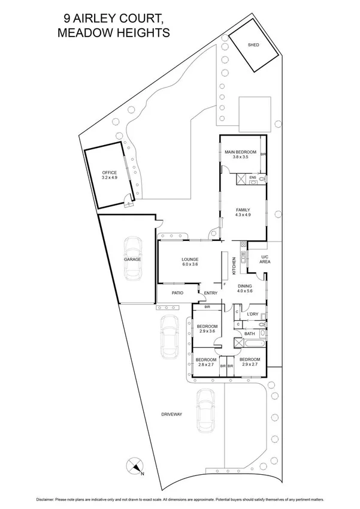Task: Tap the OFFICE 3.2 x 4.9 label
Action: click(x=110, y=175)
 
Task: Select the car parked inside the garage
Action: click(x=132, y=258)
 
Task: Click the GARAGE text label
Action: click(x=132, y=260)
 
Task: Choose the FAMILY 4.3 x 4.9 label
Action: click(x=243, y=212)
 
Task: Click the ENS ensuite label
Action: click(x=253, y=177)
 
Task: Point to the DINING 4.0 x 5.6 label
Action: click(x=244, y=289)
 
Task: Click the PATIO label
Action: click(x=177, y=293)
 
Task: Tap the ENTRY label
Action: click(x=210, y=293)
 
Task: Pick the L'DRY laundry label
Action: click(x=252, y=314)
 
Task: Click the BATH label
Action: click(x=249, y=333)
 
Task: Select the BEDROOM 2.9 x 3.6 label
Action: click(x=205, y=329)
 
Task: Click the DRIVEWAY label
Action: click(x=171, y=414)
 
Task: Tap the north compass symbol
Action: click(x=136, y=466)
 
